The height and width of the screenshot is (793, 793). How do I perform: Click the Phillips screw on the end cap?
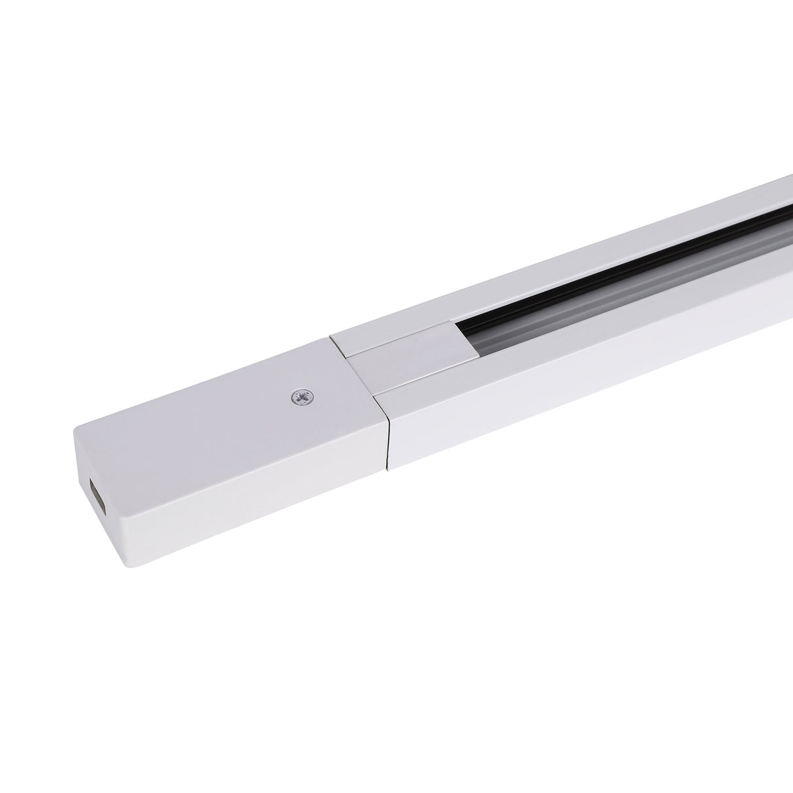[x=302, y=396]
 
